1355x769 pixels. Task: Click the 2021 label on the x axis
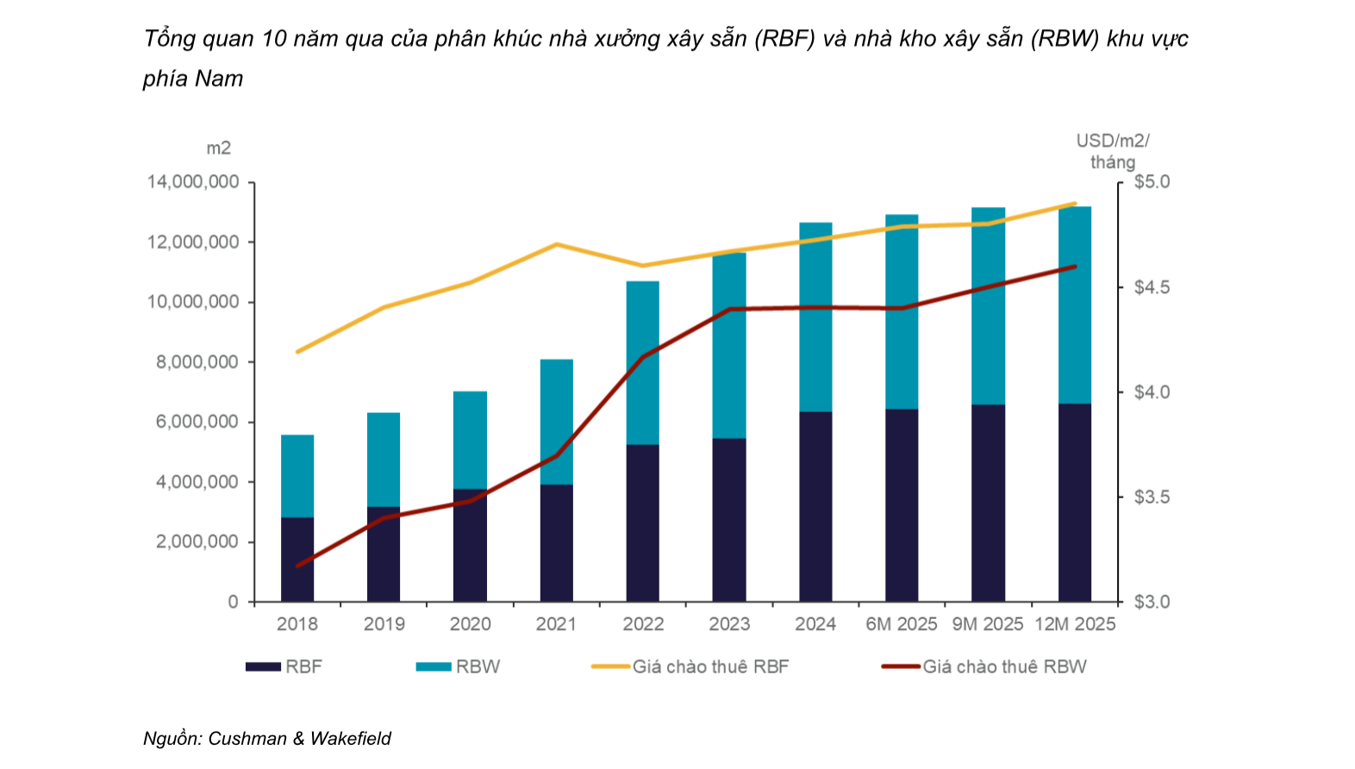[x=556, y=624]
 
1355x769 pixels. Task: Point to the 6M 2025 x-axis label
[x=901, y=624]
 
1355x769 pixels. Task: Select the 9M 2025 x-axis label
[x=988, y=624]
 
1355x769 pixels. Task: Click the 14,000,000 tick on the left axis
[x=193, y=182]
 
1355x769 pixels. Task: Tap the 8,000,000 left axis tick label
[x=197, y=362]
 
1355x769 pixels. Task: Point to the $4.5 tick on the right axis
[x=1152, y=287]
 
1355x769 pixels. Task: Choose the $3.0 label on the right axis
[x=1152, y=602]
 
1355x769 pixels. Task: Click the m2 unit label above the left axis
[x=218, y=148]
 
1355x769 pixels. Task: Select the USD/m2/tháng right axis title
[x=1112, y=152]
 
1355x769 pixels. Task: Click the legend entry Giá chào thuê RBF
[x=710, y=666]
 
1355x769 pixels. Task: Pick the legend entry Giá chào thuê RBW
[x=1004, y=666]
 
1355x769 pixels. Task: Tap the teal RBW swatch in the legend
[x=433, y=666]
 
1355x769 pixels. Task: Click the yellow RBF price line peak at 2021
[x=557, y=244]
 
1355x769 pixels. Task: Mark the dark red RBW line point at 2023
[x=730, y=309]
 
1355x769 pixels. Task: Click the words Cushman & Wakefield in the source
[x=299, y=738]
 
